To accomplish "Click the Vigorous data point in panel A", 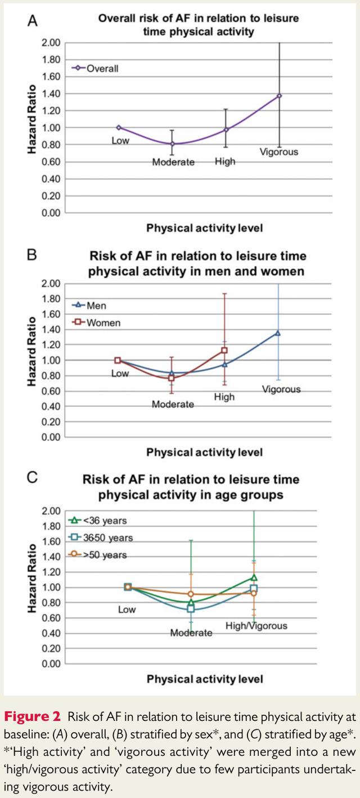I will [x=279, y=96].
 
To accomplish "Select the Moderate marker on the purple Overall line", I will [x=172, y=144].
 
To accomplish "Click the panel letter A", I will [x=33, y=21].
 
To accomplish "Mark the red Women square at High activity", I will [x=224, y=350].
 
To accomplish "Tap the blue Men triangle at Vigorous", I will [x=278, y=333].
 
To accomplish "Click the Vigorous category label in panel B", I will [x=281, y=389].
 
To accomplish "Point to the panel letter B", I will [x=32, y=255].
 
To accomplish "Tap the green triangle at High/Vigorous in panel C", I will [x=254, y=577].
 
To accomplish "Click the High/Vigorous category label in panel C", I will [x=256, y=626].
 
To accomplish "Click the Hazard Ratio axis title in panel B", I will [x=33, y=352].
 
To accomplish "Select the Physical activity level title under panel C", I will [x=205, y=679].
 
